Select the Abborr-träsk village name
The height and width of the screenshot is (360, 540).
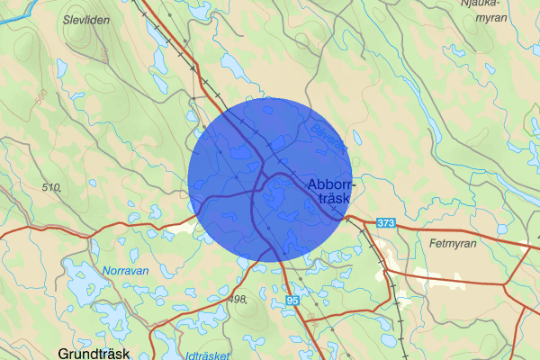click(331, 192)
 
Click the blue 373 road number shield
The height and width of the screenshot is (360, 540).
click(386, 222)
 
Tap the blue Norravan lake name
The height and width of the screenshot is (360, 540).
click(124, 269)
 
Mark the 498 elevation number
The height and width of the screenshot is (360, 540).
click(238, 299)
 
